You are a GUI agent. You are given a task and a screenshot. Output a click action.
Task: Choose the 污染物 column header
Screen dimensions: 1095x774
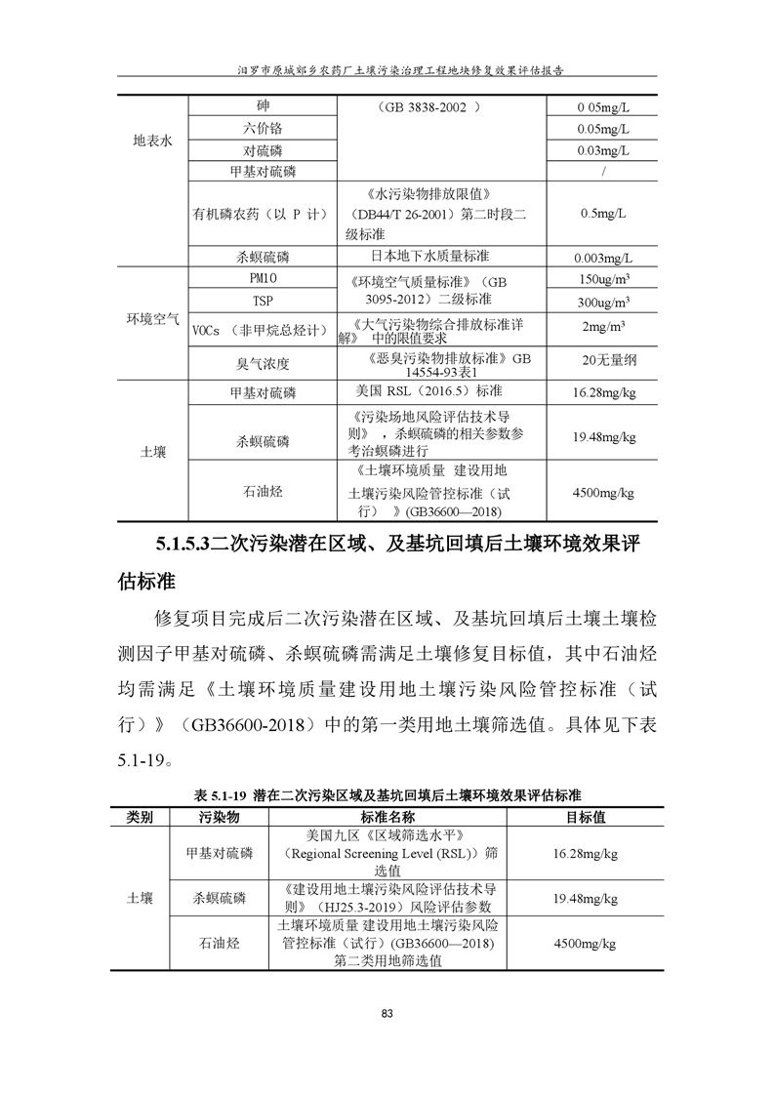coord(220,816)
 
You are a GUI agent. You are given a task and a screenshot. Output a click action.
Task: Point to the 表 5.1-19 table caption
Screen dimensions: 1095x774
coord(223,794)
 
